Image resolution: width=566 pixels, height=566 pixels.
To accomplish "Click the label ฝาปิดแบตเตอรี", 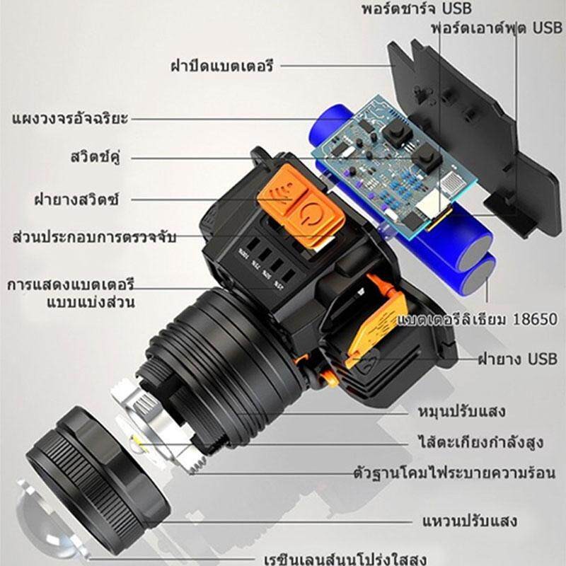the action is click(x=221, y=66).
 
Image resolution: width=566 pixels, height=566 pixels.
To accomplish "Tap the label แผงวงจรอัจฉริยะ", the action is click(x=70, y=118).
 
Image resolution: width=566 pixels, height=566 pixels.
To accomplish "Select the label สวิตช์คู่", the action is click(x=96, y=157).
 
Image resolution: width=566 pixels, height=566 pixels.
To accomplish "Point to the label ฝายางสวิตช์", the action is click(x=76, y=200).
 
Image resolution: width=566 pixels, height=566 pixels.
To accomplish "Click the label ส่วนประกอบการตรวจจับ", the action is click(x=94, y=237).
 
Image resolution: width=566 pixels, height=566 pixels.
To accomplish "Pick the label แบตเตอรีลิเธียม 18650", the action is click(x=477, y=319).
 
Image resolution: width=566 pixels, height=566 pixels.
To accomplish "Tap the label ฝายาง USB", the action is click(x=518, y=359).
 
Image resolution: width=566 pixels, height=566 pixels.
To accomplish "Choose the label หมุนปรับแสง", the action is click(x=461, y=411).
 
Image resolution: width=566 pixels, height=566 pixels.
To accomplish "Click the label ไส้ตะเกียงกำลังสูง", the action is click(x=480, y=441).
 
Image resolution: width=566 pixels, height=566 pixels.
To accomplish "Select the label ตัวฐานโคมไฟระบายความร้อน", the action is click(x=454, y=473).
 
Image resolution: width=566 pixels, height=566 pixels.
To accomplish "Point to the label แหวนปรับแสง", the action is click(x=469, y=521).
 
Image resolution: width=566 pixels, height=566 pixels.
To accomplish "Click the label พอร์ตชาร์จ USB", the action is click(x=417, y=8).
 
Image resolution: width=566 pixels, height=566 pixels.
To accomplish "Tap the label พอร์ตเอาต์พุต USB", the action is click(x=497, y=28).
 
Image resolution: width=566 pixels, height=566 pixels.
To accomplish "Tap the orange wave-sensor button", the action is click(x=282, y=187).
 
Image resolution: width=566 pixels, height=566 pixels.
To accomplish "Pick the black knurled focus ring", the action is click(x=98, y=466).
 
